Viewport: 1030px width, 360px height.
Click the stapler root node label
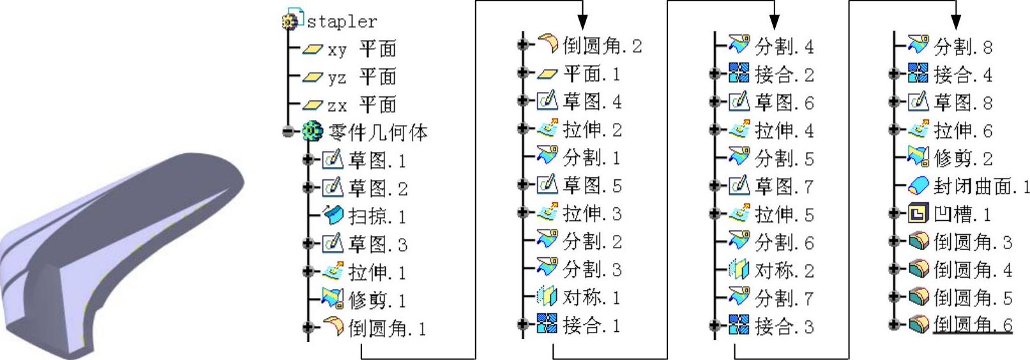point(342,22)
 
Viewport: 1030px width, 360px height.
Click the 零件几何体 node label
point(377,133)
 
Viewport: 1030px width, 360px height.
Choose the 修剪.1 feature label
point(377,300)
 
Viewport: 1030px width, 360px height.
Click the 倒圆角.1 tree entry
point(387,329)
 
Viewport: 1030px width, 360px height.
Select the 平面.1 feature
point(591,74)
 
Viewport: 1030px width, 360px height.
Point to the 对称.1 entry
point(591,297)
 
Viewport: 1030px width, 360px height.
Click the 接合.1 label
point(591,326)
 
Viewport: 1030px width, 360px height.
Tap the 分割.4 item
point(784,47)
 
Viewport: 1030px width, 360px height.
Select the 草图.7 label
point(784,186)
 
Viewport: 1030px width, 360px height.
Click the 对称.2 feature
point(784,271)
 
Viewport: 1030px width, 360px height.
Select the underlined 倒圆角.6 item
point(973,325)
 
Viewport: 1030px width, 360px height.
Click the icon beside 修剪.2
point(918,158)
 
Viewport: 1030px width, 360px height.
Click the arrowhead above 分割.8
point(956,22)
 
